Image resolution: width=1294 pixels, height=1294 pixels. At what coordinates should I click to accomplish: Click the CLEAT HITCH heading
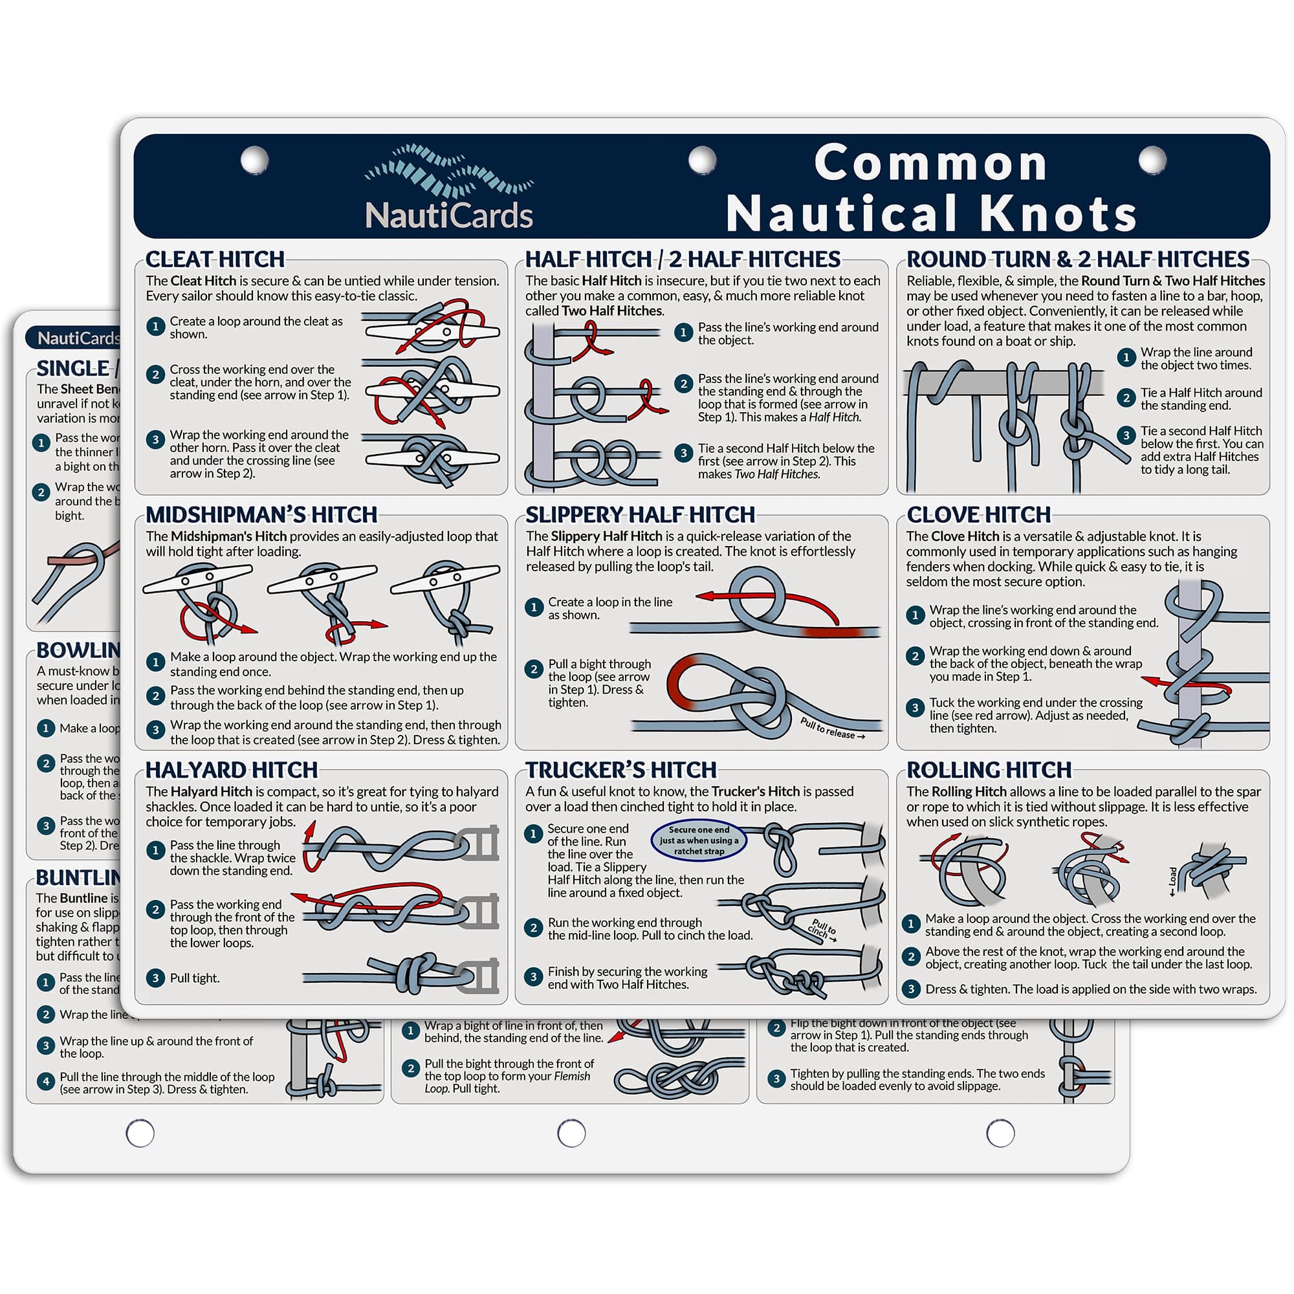pyautogui.click(x=215, y=259)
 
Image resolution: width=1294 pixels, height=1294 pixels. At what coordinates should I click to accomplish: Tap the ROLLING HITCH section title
pyautogui.click(x=989, y=769)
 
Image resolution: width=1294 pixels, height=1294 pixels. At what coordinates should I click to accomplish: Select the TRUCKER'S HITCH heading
pyautogui.click(x=621, y=769)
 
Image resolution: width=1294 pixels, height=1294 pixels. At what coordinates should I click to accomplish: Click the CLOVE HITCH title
pyautogui.click(x=978, y=514)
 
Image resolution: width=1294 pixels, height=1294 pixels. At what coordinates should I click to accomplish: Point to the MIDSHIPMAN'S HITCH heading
pyautogui.click(x=261, y=514)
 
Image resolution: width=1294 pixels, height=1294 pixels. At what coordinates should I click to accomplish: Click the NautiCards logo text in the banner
pyautogui.click(x=449, y=215)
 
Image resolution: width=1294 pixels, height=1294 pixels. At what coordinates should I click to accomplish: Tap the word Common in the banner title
pyautogui.click(x=931, y=164)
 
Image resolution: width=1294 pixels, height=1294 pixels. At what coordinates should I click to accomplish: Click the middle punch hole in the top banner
pyautogui.click(x=702, y=160)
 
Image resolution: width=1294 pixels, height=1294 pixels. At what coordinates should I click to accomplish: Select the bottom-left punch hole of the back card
pyautogui.click(x=140, y=1134)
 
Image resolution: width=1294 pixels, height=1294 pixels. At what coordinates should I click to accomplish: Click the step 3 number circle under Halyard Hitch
pyautogui.click(x=155, y=978)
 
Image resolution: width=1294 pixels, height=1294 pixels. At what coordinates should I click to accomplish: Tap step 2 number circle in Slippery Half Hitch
pyautogui.click(x=534, y=669)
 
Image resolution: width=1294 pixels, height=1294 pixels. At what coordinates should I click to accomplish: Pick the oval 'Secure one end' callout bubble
pyautogui.click(x=699, y=840)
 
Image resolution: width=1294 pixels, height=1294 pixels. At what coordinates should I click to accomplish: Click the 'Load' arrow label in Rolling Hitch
pyautogui.click(x=1172, y=881)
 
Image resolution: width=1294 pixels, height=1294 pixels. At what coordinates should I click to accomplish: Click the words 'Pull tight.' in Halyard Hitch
pyautogui.click(x=194, y=978)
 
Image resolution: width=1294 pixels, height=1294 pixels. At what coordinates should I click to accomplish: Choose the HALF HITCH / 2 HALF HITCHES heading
pyautogui.click(x=683, y=259)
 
